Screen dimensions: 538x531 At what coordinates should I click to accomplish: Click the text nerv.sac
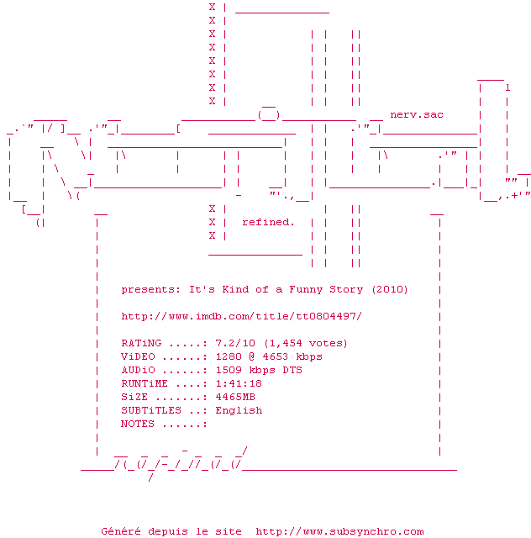[417, 114]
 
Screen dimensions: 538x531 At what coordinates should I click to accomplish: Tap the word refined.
[268, 222]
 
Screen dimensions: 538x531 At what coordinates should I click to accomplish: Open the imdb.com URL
[241, 316]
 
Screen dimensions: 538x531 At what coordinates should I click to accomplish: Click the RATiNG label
[141, 343]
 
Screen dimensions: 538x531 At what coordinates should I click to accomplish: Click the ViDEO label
[138, 356]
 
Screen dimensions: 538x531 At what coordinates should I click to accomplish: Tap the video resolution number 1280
[228, 356]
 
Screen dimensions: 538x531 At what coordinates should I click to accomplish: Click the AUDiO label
[138, 370]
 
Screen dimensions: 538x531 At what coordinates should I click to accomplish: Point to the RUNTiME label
[145, 383]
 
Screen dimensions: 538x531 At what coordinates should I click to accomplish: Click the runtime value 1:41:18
[238, 383]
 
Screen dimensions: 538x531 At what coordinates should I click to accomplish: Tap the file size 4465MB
[234, 397]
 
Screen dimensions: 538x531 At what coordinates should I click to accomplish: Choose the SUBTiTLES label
[151, 410]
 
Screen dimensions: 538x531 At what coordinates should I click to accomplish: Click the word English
[238, 410]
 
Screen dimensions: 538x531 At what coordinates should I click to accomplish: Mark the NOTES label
[138, 424]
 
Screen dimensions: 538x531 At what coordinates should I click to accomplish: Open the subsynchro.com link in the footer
[339, 531]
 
